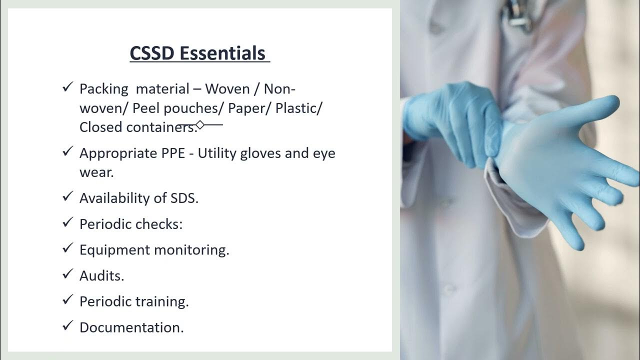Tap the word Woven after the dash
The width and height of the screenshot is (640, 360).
click(227, 89)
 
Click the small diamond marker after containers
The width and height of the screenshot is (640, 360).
click(200, 124)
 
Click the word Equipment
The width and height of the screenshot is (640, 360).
click(114, 250)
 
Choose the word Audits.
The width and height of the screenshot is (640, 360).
click(101, 275)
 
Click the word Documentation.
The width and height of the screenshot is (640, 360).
click(131, 327)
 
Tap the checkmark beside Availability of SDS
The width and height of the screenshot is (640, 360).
click(67, 196)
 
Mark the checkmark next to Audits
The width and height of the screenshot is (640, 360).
click(67, 274)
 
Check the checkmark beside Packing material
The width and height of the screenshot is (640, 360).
click(67, 87)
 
